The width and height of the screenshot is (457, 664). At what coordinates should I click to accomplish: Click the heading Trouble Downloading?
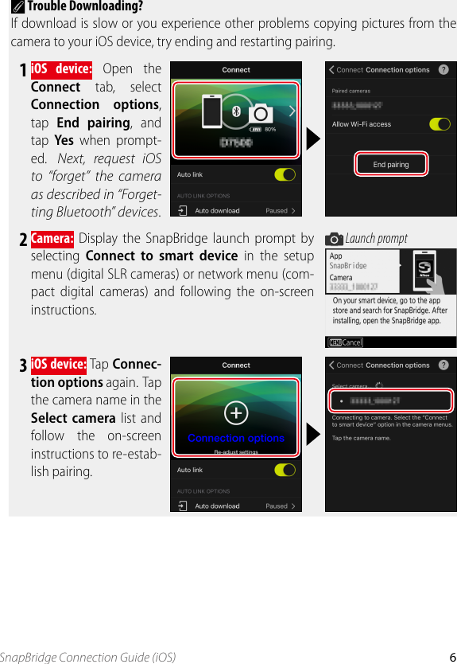[85, 6]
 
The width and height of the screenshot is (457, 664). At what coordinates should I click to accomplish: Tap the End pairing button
[390, 165]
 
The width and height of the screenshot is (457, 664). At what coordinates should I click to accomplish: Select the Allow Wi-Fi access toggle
[440, 124]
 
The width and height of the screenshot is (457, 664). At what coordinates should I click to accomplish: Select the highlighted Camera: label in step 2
[52, 237]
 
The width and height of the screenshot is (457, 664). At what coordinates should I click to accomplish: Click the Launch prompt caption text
[376, 238]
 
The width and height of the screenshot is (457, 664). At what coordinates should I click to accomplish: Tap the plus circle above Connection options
[236, 412]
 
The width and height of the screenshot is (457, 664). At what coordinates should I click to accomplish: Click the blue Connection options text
[236, 438]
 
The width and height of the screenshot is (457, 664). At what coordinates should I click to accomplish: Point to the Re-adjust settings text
[236, 451]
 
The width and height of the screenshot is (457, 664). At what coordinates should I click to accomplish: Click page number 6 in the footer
[451, 657]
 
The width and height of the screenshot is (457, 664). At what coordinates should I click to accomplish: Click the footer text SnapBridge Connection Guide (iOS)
[87, 657]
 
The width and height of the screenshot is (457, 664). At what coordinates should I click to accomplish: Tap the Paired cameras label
[350, 91]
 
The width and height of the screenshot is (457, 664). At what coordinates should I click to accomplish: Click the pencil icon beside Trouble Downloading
[19, 7]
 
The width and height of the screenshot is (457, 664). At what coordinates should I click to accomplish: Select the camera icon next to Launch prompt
[335, 239]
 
